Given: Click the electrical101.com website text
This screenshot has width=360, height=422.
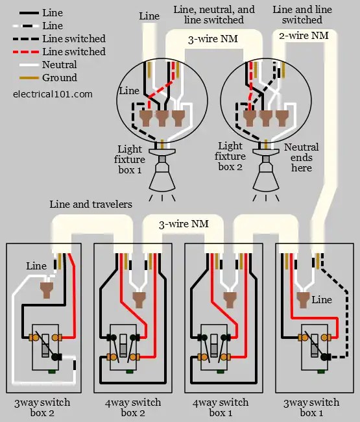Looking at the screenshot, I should tap(53, 93).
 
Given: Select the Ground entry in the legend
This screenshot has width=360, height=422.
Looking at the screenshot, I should tap(59, 78).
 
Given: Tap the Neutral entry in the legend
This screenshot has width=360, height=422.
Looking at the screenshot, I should tap(59, 65).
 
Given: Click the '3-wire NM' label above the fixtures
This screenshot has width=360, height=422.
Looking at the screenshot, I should tap(213, 39).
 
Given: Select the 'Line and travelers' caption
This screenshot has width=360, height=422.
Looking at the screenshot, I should tap(91, 205).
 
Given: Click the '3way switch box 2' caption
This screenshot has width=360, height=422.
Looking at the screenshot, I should tap(42, 408).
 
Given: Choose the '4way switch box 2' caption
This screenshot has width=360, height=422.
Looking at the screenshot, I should tap(133, 408).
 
